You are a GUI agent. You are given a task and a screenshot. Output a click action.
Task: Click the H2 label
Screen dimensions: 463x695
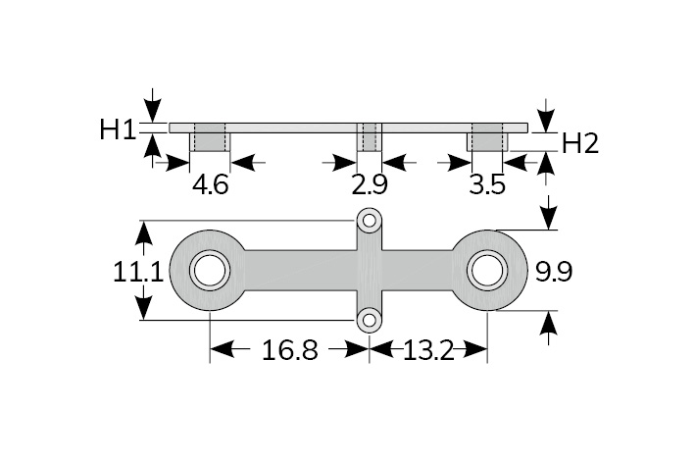tap(580, 143)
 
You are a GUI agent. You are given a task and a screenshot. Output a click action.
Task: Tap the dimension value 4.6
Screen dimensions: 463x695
tap(210, 184)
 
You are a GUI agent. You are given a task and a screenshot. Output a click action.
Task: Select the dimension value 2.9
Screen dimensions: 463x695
tap(370, 184)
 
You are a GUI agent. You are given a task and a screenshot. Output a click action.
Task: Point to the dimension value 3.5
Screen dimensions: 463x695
tap(487, 184)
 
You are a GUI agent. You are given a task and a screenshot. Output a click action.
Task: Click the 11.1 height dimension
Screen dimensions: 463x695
tap(138, 272)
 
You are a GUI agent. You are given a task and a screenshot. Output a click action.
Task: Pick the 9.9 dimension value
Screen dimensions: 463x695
tap(553, 272)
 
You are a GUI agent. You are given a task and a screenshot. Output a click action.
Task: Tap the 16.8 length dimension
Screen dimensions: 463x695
tap(289, 350)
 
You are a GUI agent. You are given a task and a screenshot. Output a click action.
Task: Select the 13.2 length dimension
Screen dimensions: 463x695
tap(428, 350)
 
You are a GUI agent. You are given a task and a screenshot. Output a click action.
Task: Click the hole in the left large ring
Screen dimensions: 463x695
tap(209, 271)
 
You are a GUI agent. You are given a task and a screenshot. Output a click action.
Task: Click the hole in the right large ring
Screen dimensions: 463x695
tap(486, 271)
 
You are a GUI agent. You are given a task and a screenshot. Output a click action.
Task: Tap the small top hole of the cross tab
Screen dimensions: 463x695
tap(369, 221)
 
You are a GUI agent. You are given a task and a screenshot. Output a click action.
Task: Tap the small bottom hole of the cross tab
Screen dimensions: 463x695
tap(369, 319)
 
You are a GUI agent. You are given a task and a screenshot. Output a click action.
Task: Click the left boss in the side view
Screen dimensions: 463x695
tap(210, 137)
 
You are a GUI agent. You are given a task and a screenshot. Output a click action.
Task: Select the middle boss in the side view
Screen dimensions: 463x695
tap(370, 137)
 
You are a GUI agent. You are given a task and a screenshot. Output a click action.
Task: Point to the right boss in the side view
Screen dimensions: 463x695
tap(487, 137)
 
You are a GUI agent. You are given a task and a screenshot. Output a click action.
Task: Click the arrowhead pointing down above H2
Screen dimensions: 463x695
tap(547, 117)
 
